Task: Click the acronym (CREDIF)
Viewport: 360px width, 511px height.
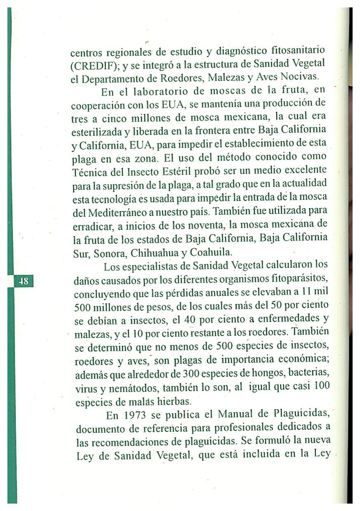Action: tap(94, 65)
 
